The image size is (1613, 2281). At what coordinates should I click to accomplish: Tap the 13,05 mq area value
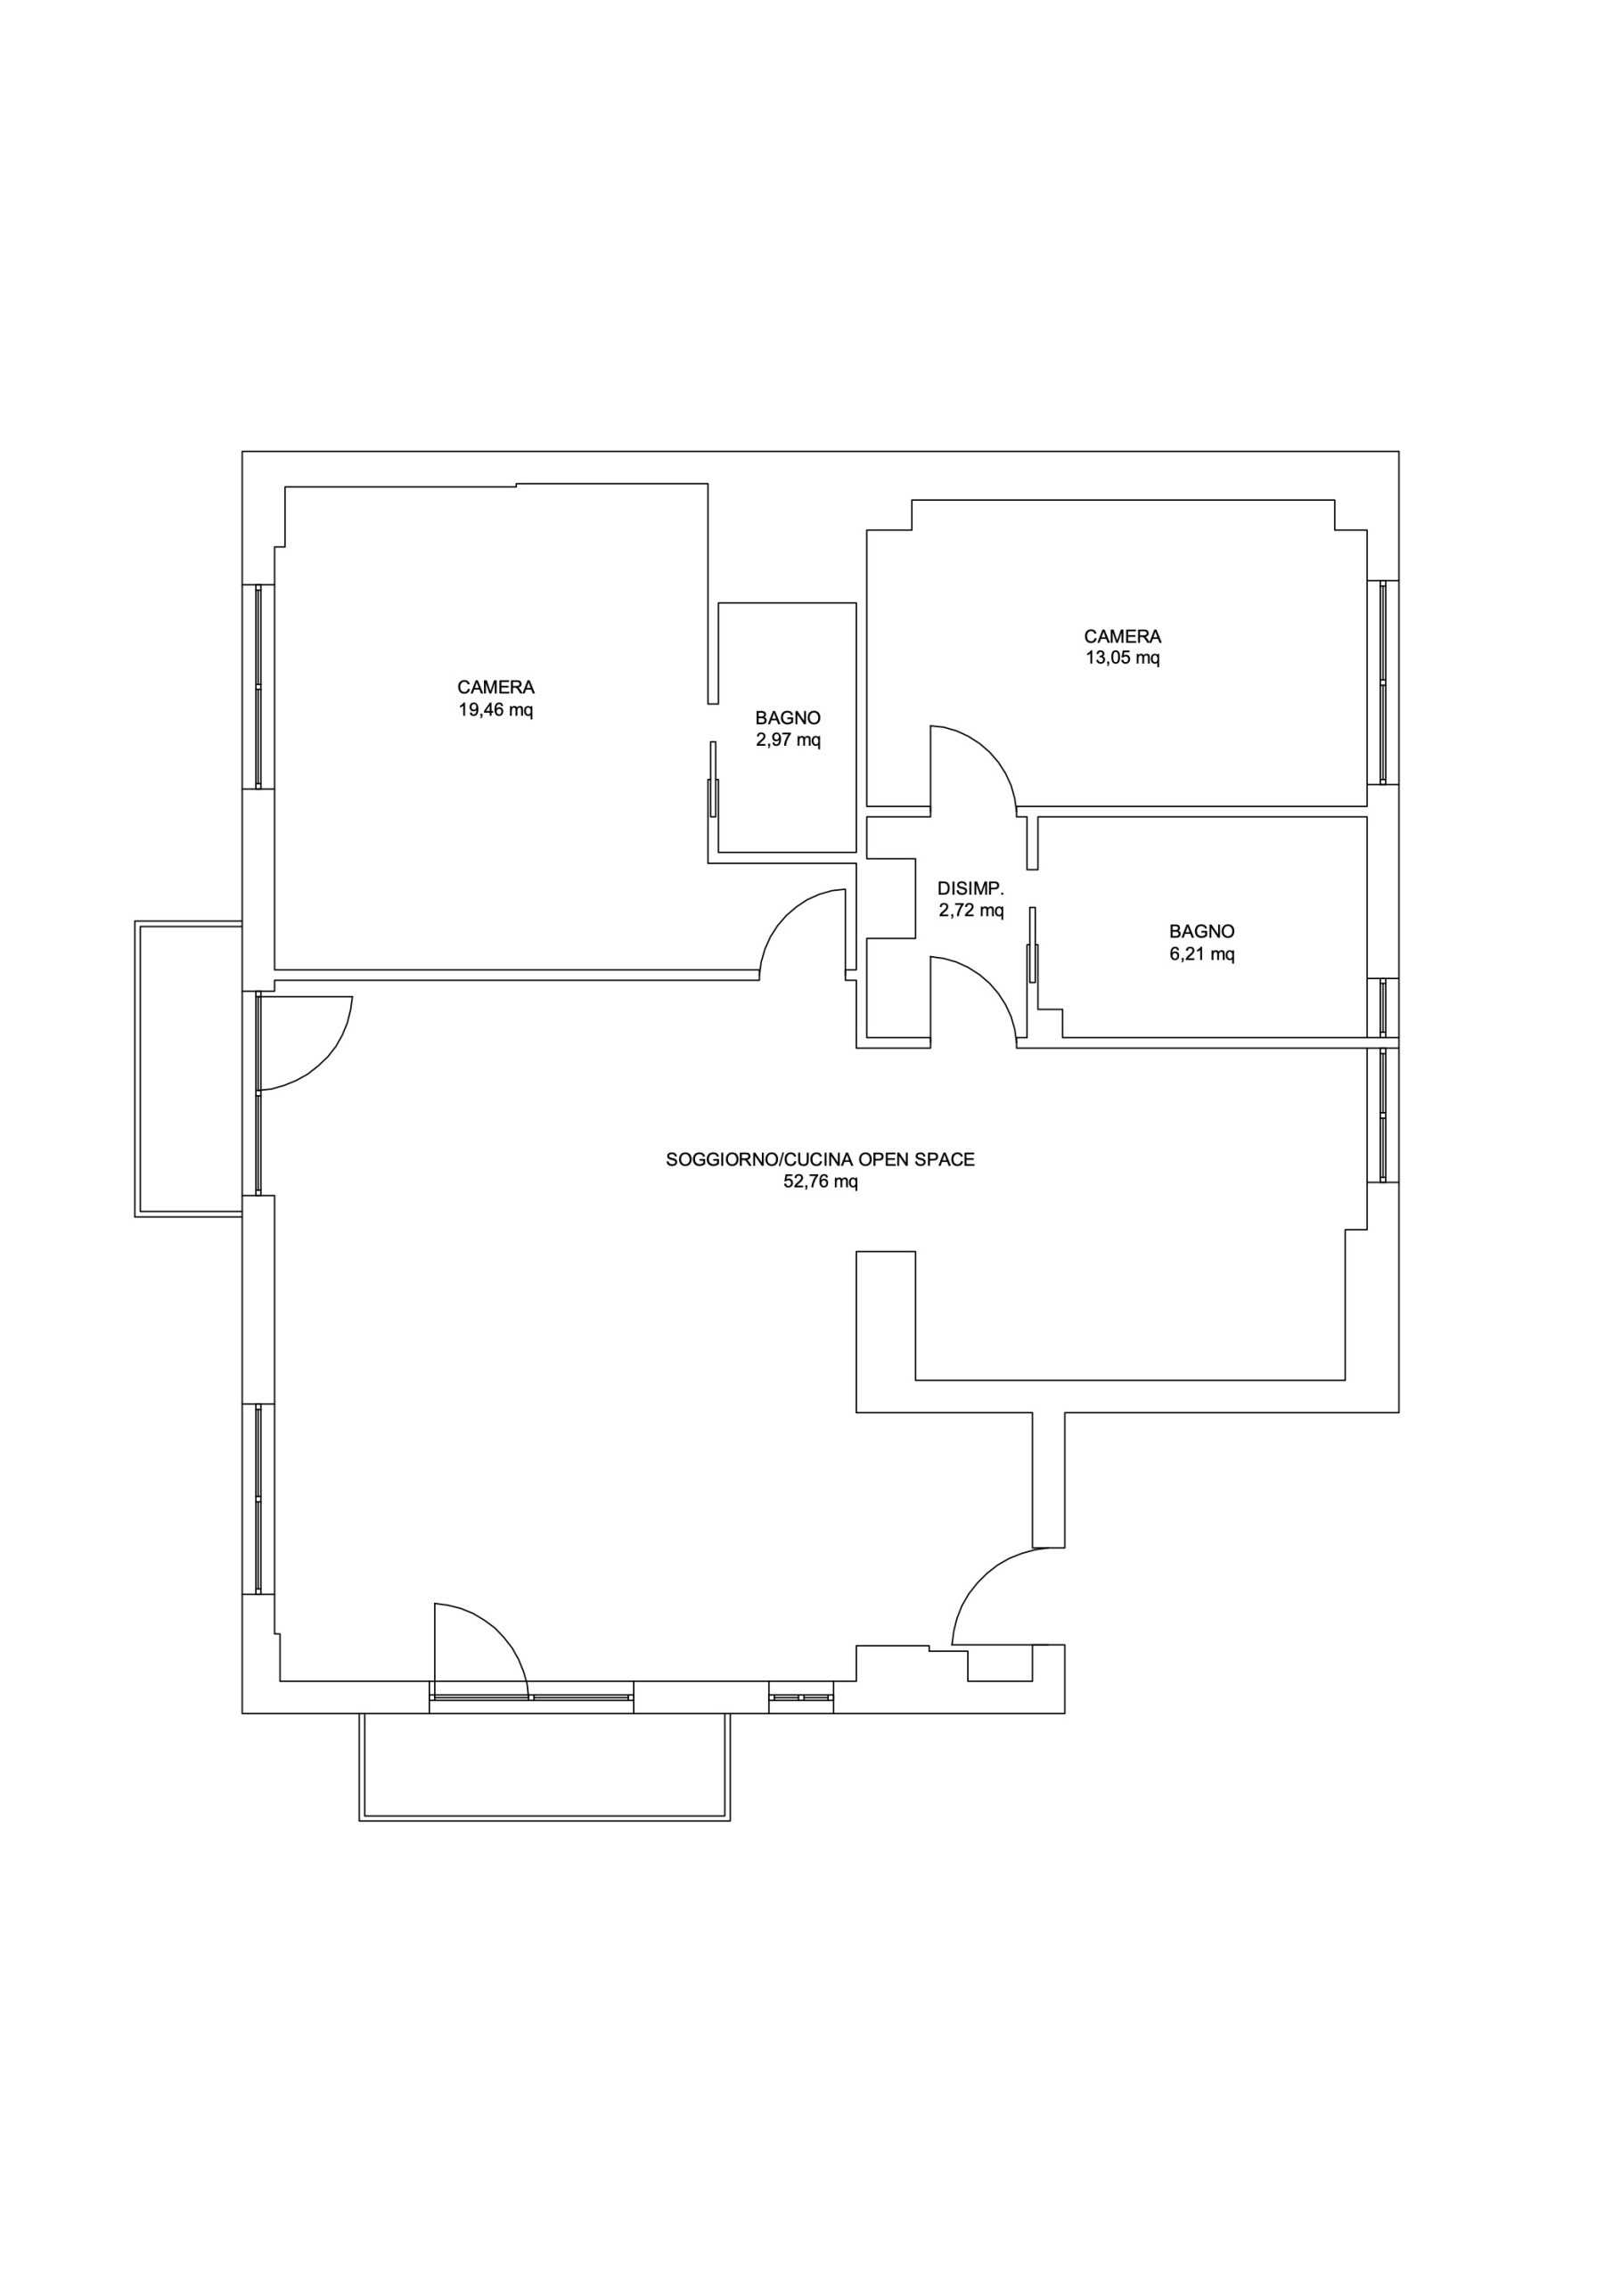tap(1123, 658)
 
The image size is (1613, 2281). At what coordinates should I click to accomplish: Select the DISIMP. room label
tap(971, 887)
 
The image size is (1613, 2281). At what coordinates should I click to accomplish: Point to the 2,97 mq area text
tap(788, 740)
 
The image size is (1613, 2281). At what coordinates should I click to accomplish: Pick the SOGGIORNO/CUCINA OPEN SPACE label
tap(821, 1159)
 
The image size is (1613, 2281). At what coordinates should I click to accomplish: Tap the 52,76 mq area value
tap(821, 1182)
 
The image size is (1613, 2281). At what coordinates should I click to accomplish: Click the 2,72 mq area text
tap(971, 910)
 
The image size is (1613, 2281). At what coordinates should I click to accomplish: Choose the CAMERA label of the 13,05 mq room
tap(1123, 636)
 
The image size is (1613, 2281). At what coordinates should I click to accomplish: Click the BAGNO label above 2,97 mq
tap(788, 717)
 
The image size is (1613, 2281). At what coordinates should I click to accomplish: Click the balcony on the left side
tap(189, 1069)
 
